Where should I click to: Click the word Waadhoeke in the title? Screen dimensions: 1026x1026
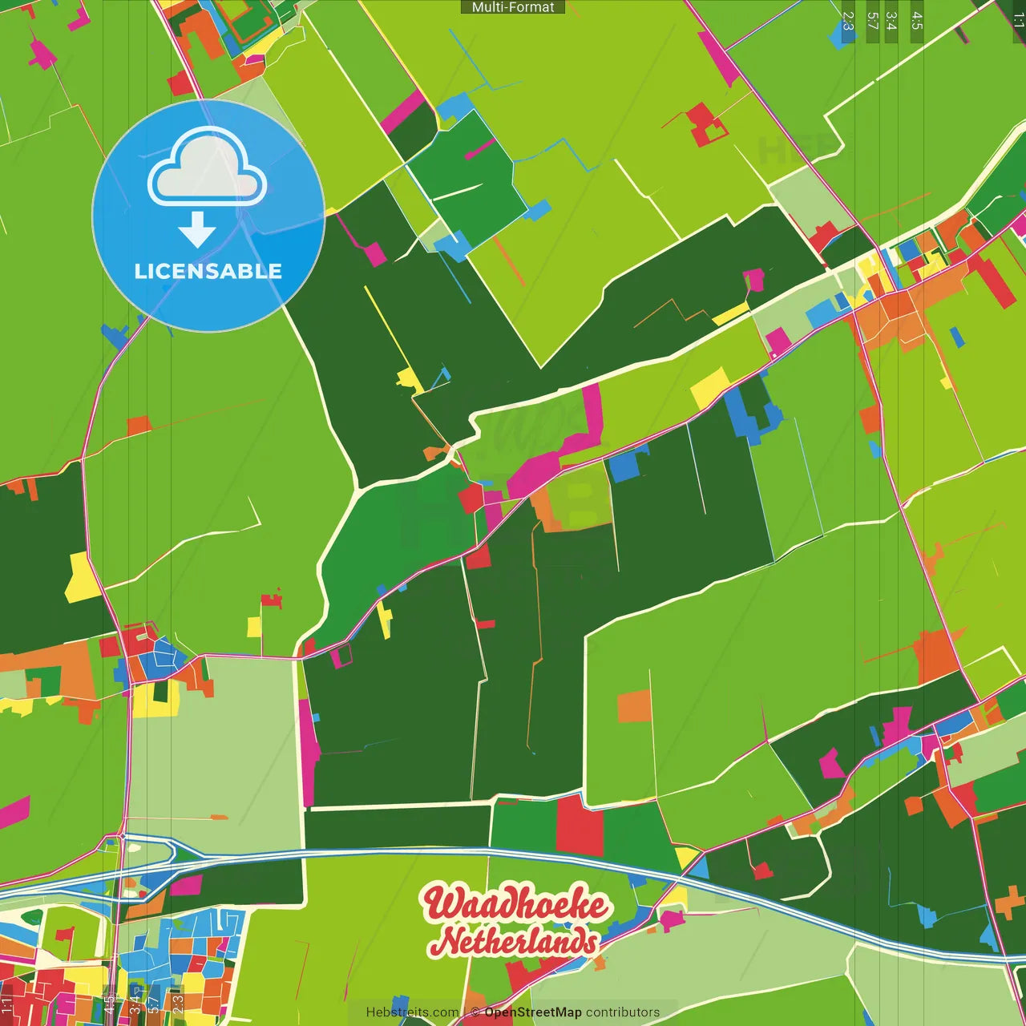[x=515, y=903]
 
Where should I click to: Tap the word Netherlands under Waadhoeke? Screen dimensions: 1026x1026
[x=516, y=941]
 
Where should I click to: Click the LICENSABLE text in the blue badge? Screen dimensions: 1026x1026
[x=208, y=272]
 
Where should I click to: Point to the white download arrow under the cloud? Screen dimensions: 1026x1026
[x=197, y=230]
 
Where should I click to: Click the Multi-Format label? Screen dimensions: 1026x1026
[x=513, y=7]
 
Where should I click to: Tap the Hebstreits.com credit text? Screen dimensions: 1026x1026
[x=412, y=1012]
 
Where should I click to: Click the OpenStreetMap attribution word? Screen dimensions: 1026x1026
[x=532, y=1012]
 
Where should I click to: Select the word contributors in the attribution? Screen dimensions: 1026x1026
[x=623, y=1012]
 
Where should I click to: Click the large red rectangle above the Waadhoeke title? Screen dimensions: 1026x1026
[x=579, y=826]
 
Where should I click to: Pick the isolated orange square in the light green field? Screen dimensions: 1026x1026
[x=634, y=706]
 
